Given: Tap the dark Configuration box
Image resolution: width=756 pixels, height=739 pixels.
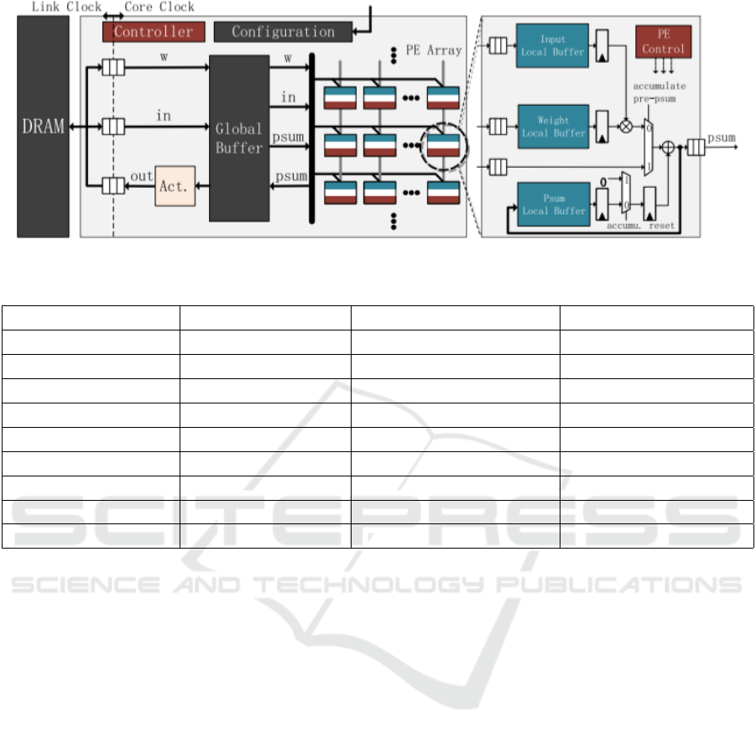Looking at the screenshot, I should tap(283, 32).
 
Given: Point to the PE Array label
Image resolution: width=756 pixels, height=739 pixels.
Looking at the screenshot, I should tap(433, 50).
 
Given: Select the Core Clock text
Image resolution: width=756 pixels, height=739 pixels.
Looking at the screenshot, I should tap(159, 7).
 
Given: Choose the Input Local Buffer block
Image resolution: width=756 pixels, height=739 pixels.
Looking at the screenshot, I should tap(552, 47).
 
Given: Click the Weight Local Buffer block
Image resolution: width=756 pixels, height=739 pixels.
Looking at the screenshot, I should tap(552, 127).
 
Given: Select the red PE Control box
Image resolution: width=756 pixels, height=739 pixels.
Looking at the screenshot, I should tap(664, 42).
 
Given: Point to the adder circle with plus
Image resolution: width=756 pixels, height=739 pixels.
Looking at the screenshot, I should tap(669, 148).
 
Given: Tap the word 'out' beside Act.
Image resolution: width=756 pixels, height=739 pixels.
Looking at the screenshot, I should tap(141, 177).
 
